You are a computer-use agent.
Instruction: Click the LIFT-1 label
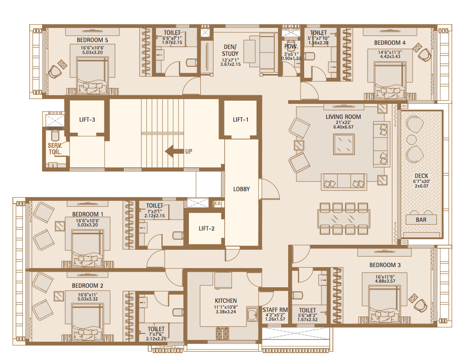tap(241, 120)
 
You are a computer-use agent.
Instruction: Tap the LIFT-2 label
tap(206, 228)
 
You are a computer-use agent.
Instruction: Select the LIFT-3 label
tap(86, 120)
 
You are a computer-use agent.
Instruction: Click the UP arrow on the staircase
tap(174, 151)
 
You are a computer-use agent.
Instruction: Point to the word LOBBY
tap(241, 189)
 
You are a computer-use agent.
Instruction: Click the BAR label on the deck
tap(421, 220)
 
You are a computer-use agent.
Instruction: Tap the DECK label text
tap(421, 176)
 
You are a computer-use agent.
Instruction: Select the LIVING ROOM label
tap(343, 117)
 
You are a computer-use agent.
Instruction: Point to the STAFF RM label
tap(274, 310)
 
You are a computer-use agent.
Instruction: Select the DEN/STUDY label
tap(230, 50)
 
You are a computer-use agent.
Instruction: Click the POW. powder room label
tap(291, 47)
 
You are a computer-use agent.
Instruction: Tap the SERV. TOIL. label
tap(55, 149)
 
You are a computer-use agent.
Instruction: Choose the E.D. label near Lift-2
tap(217, 204)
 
